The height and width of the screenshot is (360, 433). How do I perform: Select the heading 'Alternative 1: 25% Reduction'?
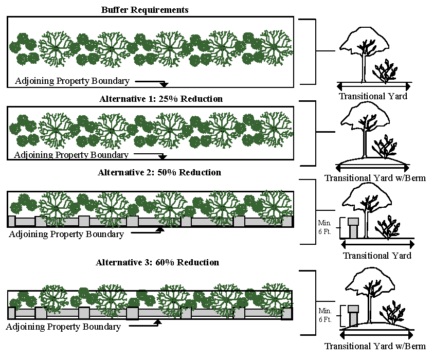tap(161, 98)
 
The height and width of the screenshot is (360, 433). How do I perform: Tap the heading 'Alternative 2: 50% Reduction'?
tap(159, 172)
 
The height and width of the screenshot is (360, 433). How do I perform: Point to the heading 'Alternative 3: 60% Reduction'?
tap(157, 262)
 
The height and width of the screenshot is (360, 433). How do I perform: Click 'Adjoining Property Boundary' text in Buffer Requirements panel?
tap(72, 81)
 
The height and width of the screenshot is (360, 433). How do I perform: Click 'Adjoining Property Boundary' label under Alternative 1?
tap(71, 154)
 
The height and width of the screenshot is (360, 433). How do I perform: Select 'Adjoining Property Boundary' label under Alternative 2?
tap(66, 234)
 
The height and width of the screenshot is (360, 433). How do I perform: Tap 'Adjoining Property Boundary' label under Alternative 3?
tap(63, 327)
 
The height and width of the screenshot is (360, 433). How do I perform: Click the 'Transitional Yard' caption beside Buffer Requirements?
tap(373, 96)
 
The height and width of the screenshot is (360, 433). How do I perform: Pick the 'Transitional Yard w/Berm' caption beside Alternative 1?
tap(375, 178)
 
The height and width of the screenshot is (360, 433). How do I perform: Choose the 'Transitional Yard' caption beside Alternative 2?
tap(377, 255)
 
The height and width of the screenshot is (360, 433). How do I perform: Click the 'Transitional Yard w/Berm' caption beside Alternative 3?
tap(375, 346)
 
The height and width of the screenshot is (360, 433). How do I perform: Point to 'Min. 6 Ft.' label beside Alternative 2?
tap(324, 228)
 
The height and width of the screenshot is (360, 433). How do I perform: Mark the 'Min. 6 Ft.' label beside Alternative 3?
tap(324, 315)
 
